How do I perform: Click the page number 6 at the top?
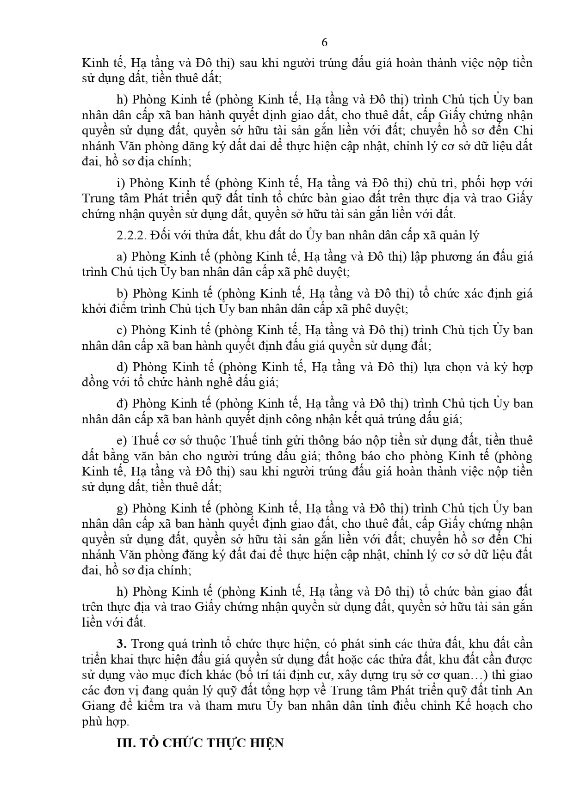pyautogui.click(x=324, y=42)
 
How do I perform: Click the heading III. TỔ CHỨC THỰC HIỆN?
pyautogui.click(x=200, y=743)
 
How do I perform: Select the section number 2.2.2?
pyautogui.click(x=131, y=235)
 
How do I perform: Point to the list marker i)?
pyautogui.click(x=121, y=183)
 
